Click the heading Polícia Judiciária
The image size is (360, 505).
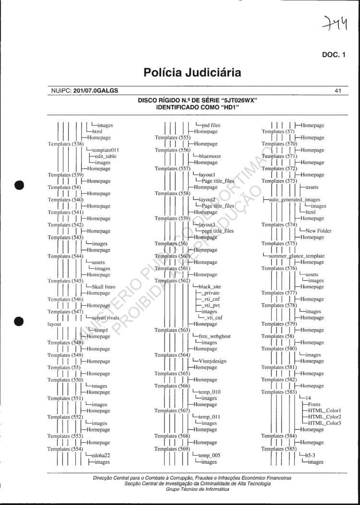click(192, 73)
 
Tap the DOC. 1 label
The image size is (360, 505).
click(333, 55)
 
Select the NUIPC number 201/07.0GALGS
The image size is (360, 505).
click(96, 90)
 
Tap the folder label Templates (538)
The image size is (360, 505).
click(66, 144)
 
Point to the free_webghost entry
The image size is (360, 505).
click(214, 337)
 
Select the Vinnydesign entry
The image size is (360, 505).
click(212, 361)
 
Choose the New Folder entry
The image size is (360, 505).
click(318, 231)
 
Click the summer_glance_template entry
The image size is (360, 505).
click(297, 256)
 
